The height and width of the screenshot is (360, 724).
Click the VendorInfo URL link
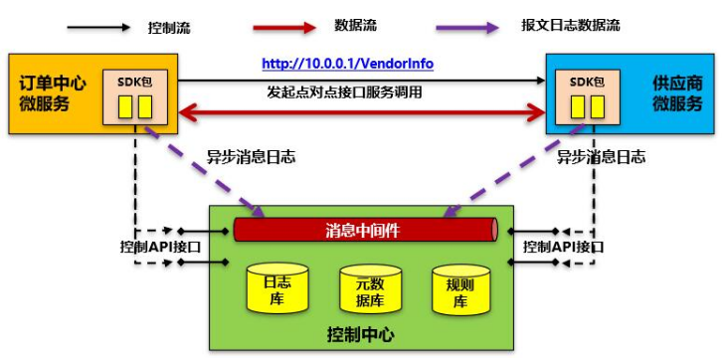348,64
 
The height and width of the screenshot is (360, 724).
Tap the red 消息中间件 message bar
366,230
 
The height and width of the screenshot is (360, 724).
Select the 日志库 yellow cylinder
277,288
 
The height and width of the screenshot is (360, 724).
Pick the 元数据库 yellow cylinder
370,289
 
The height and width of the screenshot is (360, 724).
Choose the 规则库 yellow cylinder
459,290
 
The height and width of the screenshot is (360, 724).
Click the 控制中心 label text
361,334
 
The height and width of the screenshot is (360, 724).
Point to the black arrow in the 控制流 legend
98,27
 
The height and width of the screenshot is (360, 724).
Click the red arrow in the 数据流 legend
284,27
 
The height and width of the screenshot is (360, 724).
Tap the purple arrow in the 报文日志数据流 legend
467,27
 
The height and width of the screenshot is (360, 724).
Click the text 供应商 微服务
677,94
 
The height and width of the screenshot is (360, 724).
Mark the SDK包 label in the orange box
135,83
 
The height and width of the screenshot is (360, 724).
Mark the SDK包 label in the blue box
587,83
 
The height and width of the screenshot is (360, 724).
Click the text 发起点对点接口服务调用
344,92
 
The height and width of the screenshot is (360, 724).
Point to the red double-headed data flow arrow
362,111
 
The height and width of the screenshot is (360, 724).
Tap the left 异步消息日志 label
251,158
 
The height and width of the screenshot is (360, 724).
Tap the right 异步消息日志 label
602,158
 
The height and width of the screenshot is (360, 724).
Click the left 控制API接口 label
160,247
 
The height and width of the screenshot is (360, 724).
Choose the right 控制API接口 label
563,247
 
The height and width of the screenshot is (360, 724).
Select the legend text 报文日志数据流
570,26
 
